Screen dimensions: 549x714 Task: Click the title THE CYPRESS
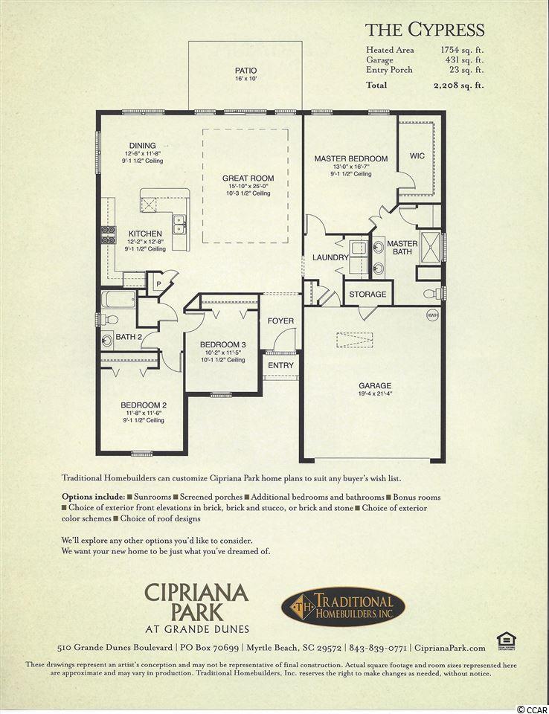tap(425, 30)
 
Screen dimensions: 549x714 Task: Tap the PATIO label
tap(245, 71)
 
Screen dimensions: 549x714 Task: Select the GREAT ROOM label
tap(248, 178)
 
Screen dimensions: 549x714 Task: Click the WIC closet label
tap(417, 155)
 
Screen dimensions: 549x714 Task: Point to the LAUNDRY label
tap(330, 257)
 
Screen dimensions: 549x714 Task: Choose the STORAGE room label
tap(367, 295)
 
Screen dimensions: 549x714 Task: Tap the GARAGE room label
tap(375, 385)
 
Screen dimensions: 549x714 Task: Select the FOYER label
tap(280, 321)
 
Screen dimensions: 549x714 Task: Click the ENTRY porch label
tap(280, 365)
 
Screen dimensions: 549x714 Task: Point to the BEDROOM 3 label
tap(222, 344)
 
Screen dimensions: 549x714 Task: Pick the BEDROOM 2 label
tap(144, 405)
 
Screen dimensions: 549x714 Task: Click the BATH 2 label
tap(129, 337)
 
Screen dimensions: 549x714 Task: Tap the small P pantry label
tap(158, 283)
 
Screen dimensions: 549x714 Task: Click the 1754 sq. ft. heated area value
tap(462, 50)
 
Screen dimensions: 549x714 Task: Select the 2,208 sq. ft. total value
tap(459, 85)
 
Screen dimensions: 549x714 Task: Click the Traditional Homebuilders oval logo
tap(343, 606)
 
